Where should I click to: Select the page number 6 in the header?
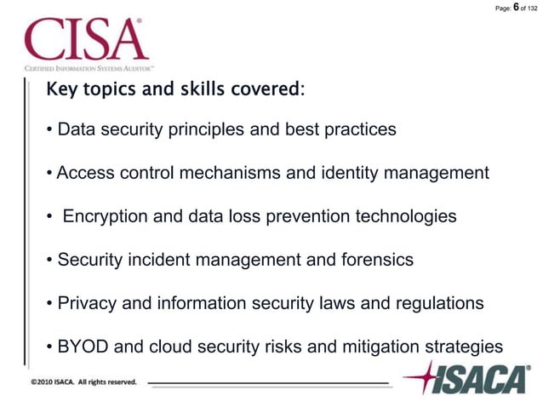[516, 8]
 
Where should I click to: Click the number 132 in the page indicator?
[534, 9]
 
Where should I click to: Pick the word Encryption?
[106, 216]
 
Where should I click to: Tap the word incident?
[158, 260]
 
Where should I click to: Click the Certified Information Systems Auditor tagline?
[89, 67]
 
